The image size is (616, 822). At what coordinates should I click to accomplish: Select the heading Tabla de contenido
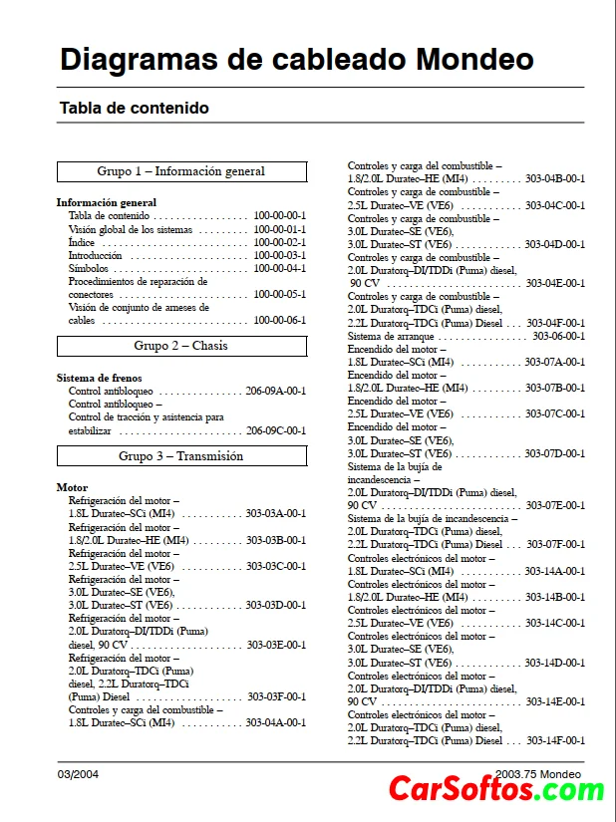[134, 108]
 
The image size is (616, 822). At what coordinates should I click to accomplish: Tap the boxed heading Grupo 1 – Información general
[180, 171]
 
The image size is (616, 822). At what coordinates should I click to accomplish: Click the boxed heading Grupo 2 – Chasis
[180, 346]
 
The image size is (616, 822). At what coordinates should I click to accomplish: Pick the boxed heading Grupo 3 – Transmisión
[180, 455]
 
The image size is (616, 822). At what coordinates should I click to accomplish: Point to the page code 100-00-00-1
[279, 215]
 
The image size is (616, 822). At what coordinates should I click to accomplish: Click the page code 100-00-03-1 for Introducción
[279, 255]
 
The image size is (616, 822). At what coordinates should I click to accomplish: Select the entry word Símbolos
[89, 268]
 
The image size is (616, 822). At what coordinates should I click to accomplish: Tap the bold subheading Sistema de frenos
[99, 379]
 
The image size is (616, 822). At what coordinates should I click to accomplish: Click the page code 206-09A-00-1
[276, 392]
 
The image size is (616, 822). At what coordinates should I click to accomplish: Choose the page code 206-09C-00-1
[276, 430]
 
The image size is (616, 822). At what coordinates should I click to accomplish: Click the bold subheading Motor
[72, 488]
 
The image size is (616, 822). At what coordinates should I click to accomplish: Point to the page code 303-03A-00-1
[276, 514]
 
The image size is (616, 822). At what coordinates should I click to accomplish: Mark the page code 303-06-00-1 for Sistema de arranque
[558, 336]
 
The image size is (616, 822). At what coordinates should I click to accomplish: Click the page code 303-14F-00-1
[555, 740]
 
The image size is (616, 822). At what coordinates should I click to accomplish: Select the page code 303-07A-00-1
[555, 362]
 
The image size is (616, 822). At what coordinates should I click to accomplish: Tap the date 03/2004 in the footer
[78, 774]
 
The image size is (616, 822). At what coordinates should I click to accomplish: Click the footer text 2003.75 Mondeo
[537, 774]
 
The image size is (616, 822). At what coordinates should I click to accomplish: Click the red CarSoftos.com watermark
[495, 790]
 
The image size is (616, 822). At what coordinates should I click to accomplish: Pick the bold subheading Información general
[107, 202]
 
